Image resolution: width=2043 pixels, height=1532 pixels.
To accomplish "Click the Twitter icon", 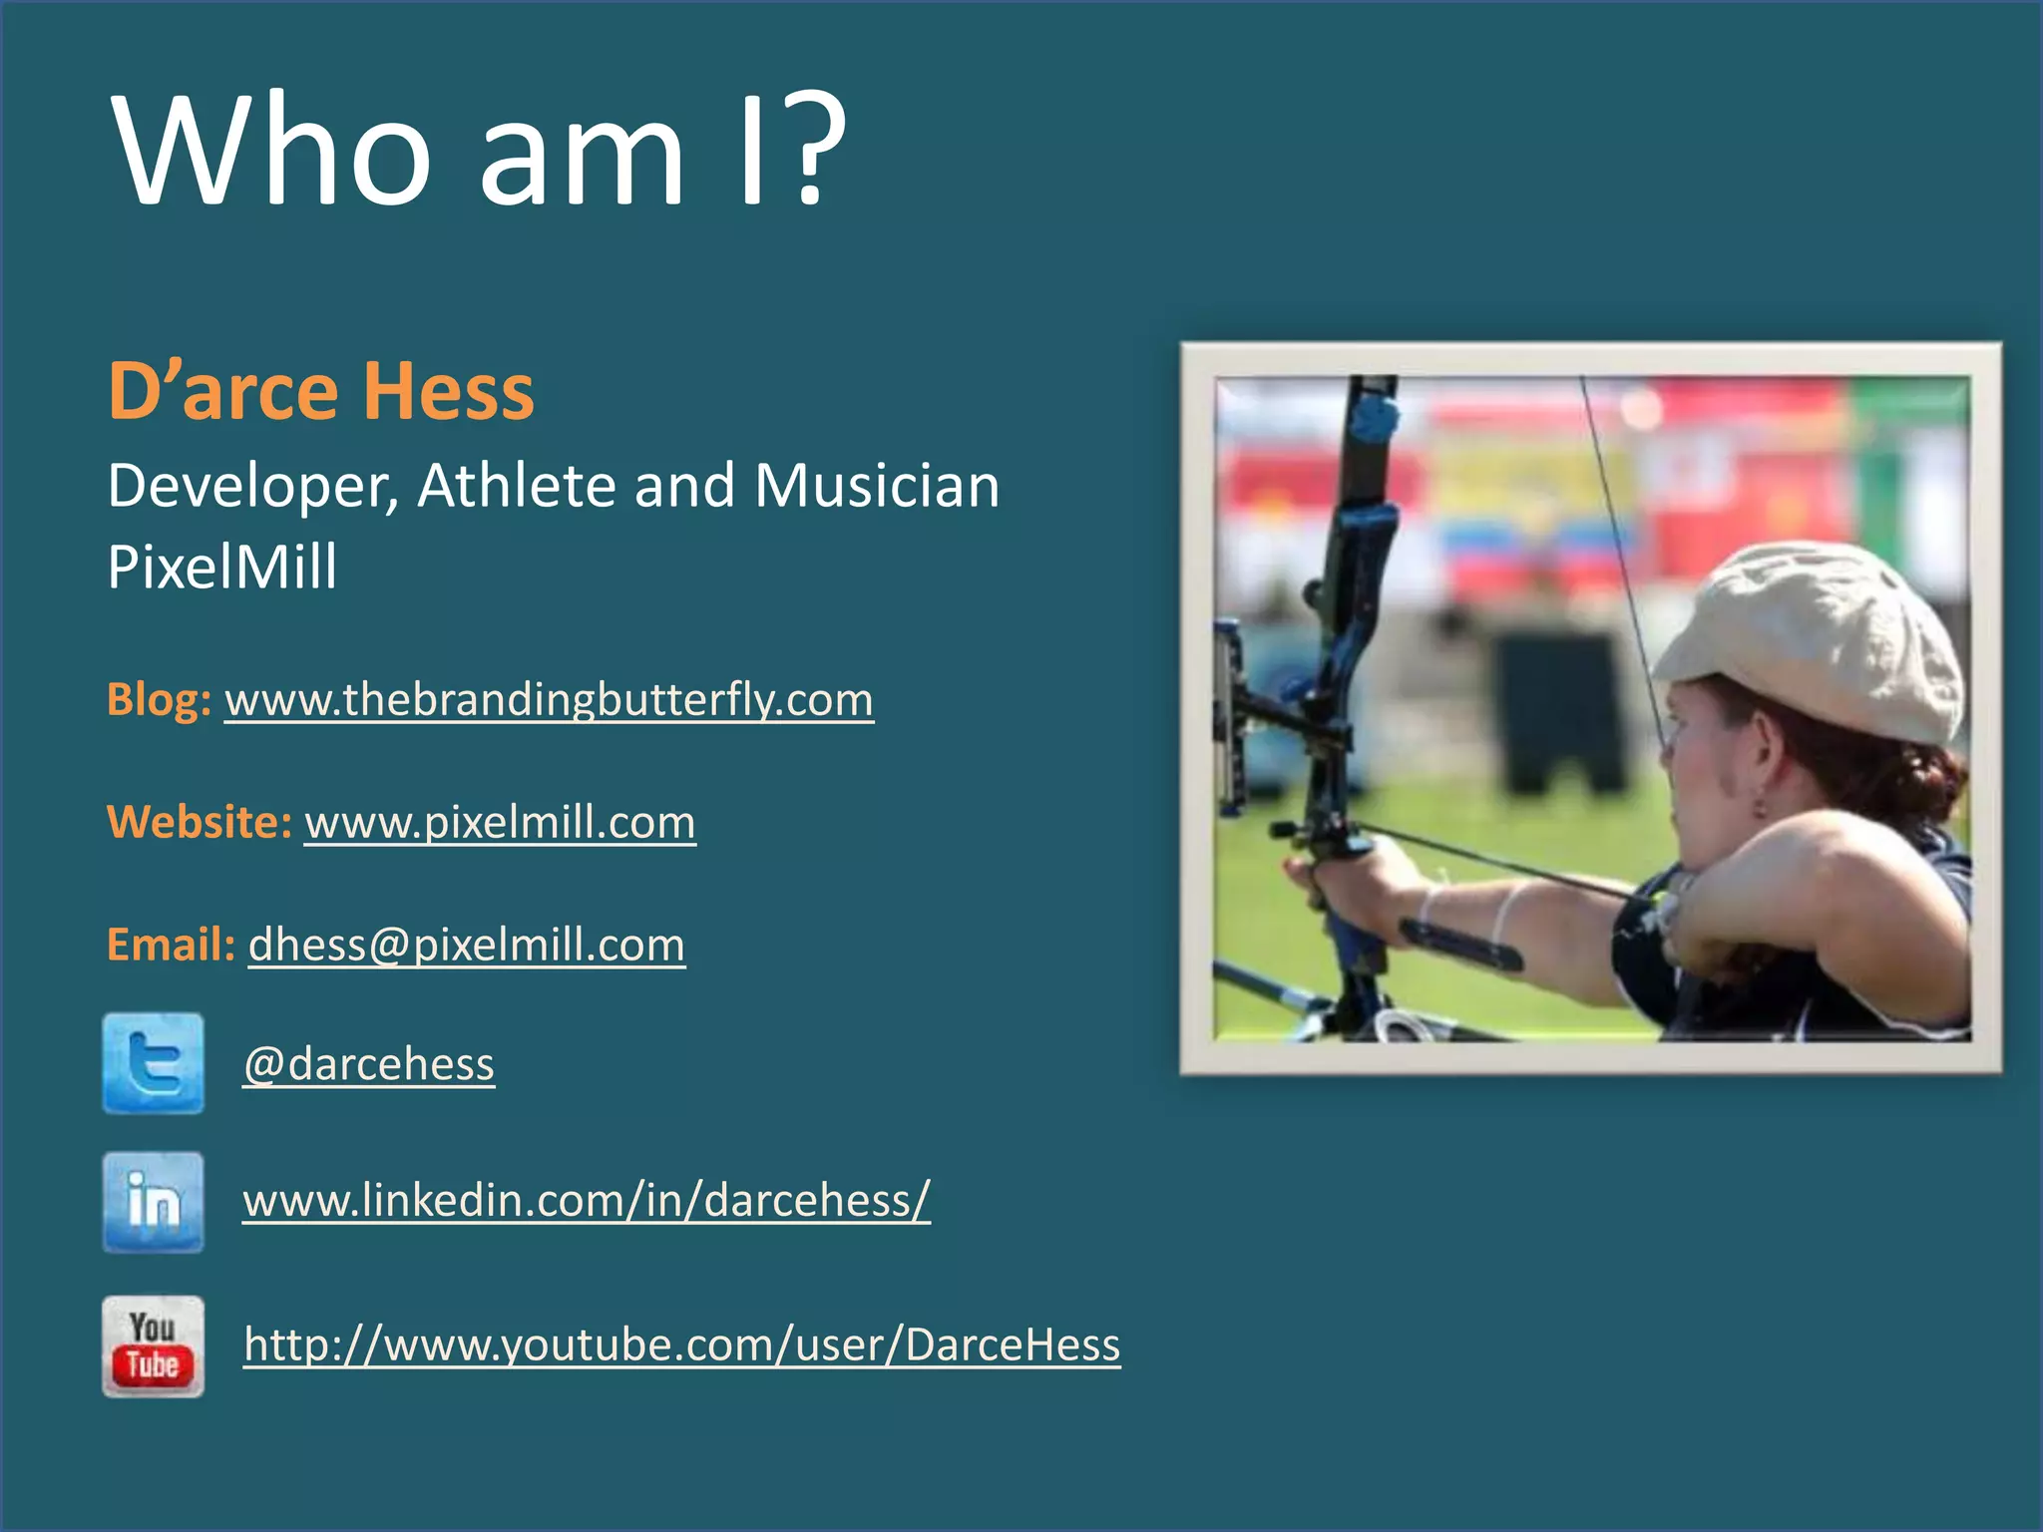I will point(153,1063).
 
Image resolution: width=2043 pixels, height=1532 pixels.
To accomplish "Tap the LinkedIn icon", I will point(153,1202).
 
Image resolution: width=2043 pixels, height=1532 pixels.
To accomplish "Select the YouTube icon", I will point(153,1346).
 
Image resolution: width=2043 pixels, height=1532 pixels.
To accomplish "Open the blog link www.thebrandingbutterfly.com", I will point(549,700).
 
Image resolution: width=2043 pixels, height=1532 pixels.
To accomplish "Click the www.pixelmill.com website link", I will point(500,823).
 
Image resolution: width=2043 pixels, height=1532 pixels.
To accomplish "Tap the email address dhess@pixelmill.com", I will point(466,945).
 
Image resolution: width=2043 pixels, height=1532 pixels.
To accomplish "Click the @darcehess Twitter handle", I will point(369,1064).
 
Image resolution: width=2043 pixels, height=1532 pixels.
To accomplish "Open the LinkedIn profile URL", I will point(587,1200).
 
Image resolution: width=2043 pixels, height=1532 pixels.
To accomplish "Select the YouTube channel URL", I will point(682,1344).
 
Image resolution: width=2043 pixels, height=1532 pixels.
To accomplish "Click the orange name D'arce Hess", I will point(320,391).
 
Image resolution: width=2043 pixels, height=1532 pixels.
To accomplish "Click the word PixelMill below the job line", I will point(221,567).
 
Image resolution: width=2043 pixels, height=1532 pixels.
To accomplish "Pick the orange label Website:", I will point(199,823).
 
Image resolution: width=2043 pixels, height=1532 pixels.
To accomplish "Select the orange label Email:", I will point(171,945).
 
